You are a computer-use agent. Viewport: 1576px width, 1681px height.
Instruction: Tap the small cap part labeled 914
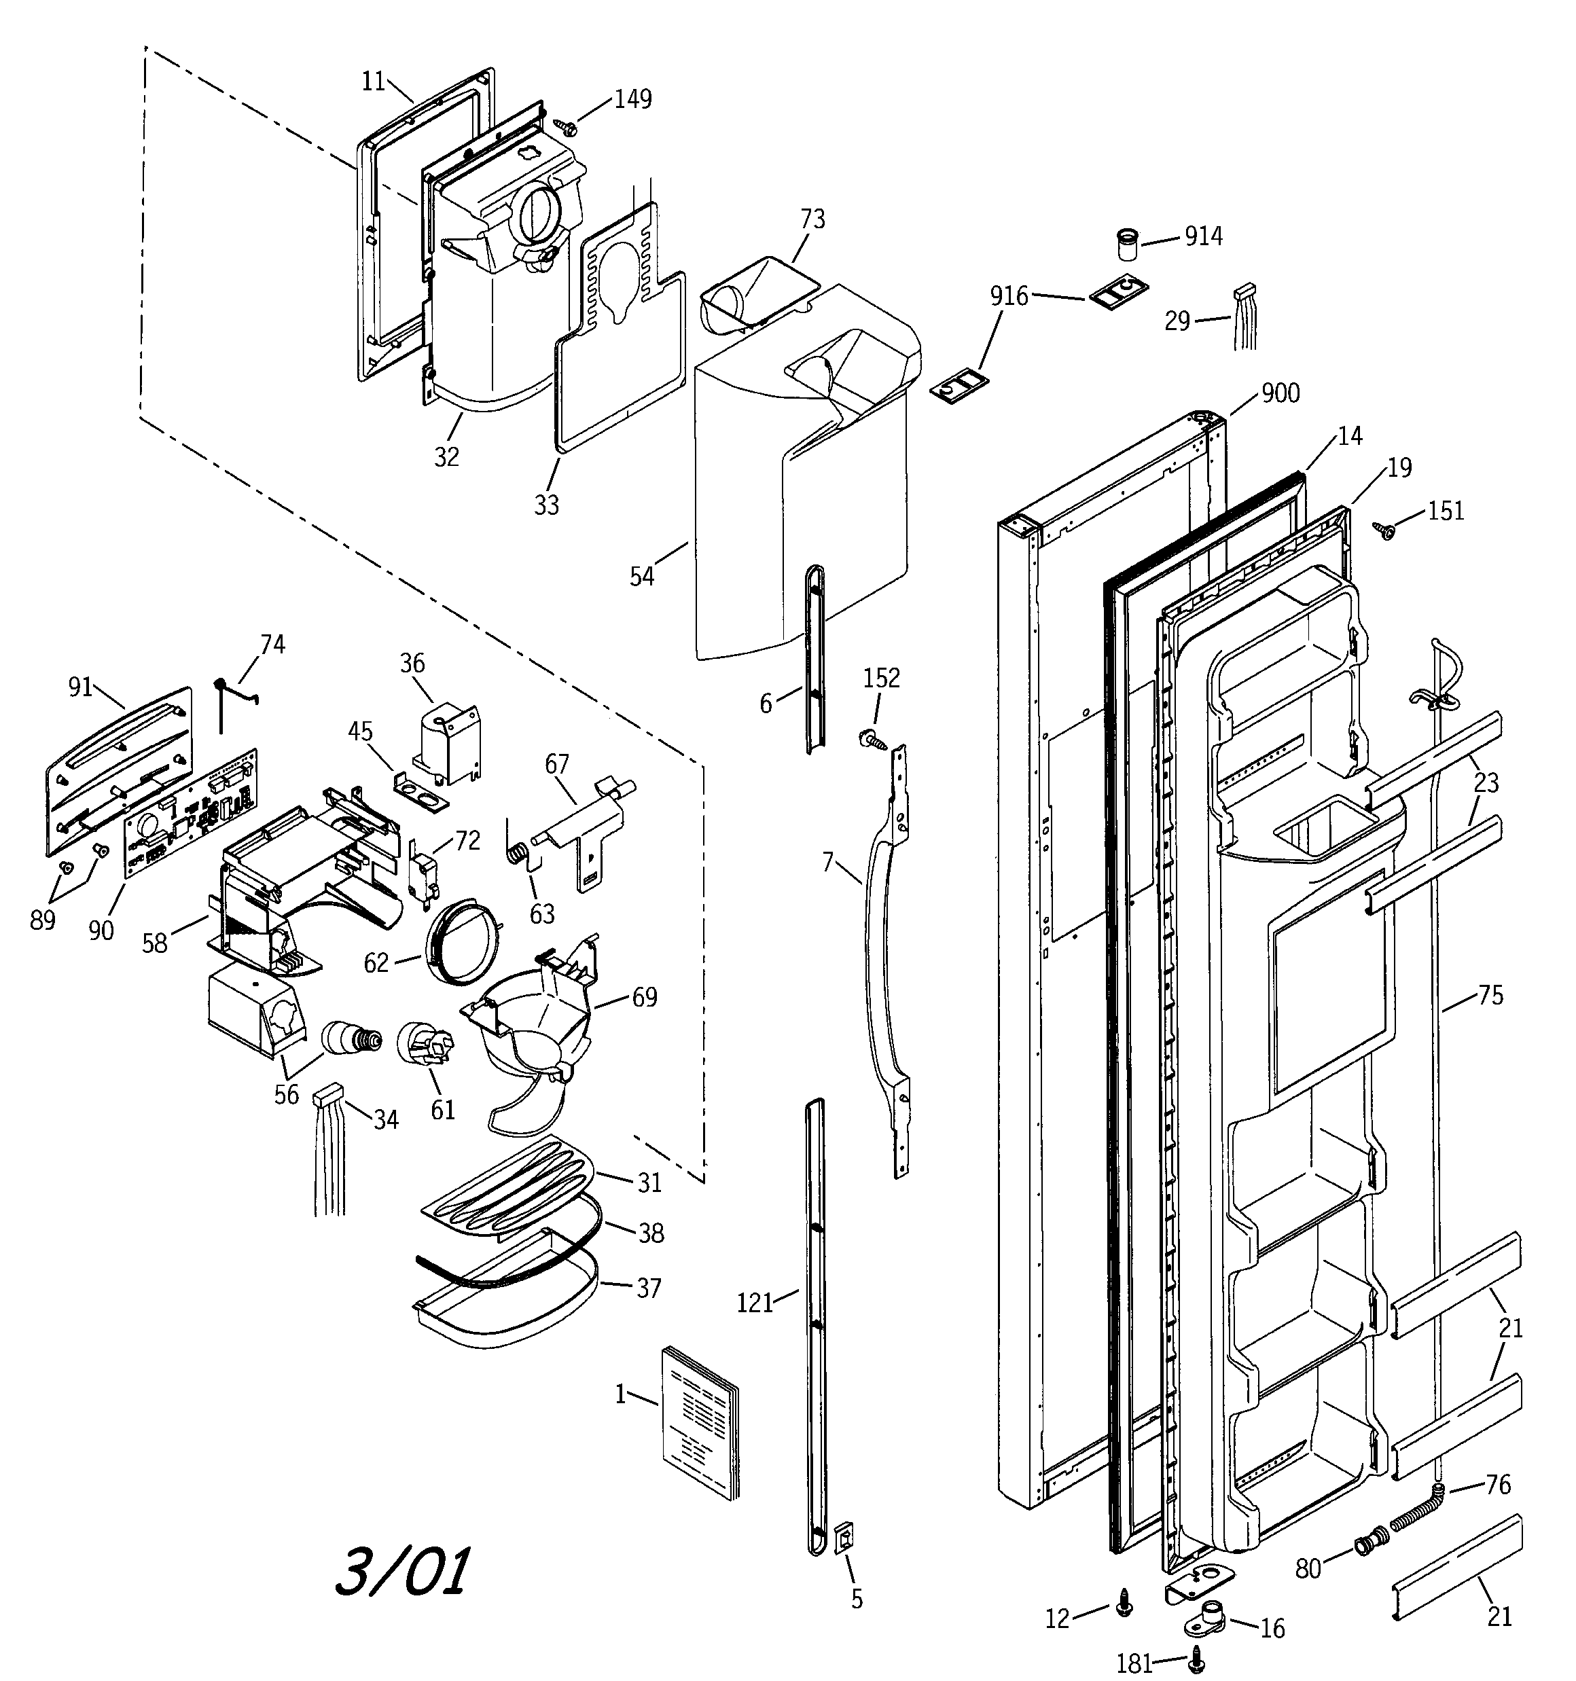tap(1125, 245)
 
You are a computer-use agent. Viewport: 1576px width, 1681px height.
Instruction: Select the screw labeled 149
tap(565, 126)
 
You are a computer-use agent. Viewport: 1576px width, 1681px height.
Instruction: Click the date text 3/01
tap(403, 1571)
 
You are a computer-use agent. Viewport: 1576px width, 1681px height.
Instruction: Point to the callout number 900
tap(1280, 393)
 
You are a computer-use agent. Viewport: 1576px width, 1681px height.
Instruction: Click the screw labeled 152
tap(872, 738)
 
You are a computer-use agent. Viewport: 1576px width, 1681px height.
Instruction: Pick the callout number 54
tap(642, 577)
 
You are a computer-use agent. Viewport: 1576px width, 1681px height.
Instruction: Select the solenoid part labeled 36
tap(447, 744)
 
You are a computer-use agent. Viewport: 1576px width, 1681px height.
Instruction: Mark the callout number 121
tap(755, 1303)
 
